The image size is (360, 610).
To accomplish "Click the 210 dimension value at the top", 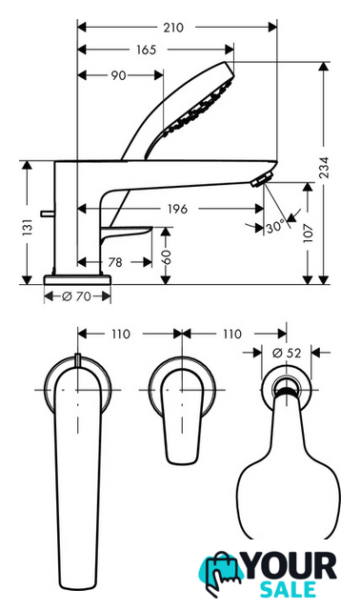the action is click(x=173, y=28).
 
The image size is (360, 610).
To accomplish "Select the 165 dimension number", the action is click(x=146, y=50).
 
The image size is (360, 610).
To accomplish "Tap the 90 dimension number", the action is click(x=118, y=75).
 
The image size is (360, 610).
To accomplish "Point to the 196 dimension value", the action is click(x=177, y=209).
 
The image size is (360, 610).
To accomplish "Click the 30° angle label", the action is click(x=275, y=227).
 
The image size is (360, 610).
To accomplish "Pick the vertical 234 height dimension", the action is click(x=324, y=168).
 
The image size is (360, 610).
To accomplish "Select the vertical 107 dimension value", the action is click(x=308, y=233).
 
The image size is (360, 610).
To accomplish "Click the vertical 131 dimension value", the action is click(x=28, y=228).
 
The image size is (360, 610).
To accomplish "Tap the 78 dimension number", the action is click(x=114, y=262).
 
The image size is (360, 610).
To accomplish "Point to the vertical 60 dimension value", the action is click(x=166, y=257).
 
